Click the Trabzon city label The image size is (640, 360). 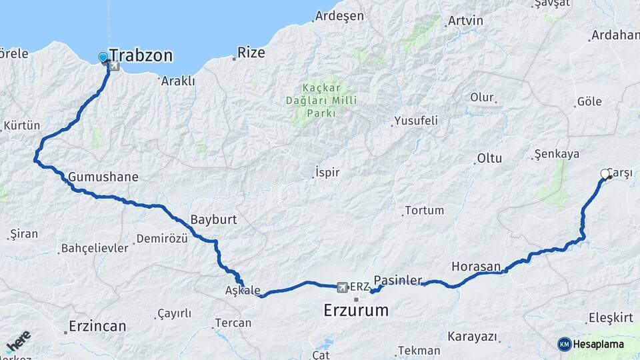(x=141, y=55)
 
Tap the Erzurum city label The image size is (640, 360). (x=356, y=310)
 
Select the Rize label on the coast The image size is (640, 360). (x=251, y=53)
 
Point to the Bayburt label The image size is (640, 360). (x=213, y=219)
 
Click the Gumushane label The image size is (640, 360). (x=103, y=177)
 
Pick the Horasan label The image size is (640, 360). (x=476, y=267)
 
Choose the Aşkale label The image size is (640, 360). (x=243, y=291)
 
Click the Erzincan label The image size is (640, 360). (x=97, y=327)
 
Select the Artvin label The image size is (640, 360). (x=465, y=21)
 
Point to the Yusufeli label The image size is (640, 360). (x=415, y=121)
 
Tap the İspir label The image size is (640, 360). (x=327, y=172)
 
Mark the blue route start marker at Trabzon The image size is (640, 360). (x=103, y=57)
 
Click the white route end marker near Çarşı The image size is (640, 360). (x=605, y=174)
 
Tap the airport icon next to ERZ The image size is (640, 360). (x=343, y=287)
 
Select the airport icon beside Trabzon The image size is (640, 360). (x=113, y=65)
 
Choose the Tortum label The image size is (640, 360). (x=425, y=210)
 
